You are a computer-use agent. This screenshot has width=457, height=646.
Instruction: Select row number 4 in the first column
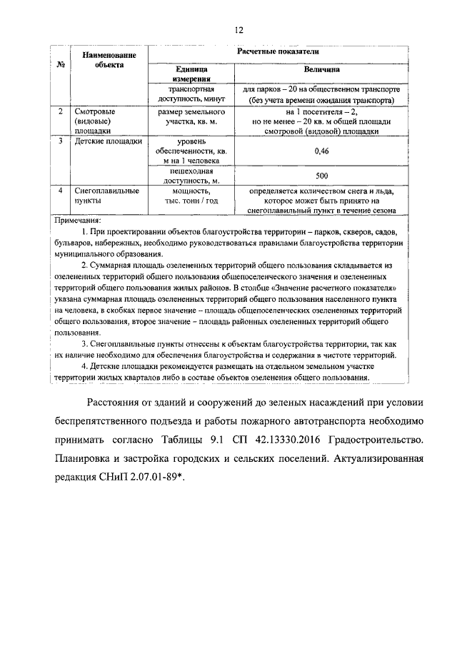[61, 191]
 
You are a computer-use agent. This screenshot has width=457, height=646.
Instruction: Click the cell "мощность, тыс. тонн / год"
[190, 196]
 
